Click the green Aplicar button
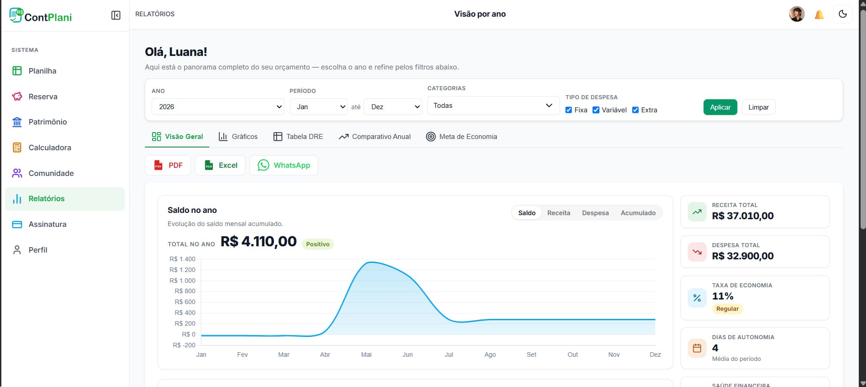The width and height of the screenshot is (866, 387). click(720, 107)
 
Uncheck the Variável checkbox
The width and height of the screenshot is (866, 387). click(596, 110)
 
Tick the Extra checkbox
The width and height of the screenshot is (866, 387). click(635, 110)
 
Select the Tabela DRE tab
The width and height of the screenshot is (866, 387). click(298, 137)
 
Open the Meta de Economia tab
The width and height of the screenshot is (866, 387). click(461, 137)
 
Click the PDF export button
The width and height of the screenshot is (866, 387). click(168, 165)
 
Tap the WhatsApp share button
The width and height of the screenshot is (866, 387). click(283, 165)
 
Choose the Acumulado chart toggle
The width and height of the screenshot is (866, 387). click(638, 213)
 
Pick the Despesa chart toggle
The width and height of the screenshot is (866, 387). click(595, 213)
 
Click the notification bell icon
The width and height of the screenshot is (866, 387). click(819, 14)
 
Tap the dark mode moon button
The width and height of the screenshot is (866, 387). click(843, 14)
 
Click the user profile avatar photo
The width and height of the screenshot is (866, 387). click(797, 14)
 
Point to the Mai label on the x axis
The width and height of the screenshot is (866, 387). click(366, 355)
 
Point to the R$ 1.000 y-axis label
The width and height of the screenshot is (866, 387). click(182, 281)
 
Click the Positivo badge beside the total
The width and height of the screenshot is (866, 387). click(318, 244)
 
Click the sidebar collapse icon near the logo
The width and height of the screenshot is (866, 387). click(116, 15)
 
